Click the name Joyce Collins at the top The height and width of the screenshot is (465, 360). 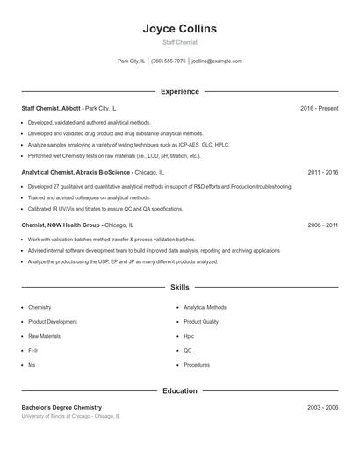179,29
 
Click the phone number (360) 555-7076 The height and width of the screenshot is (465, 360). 168,61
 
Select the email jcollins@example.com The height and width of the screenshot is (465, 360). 216,61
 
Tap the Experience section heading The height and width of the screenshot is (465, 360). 179,91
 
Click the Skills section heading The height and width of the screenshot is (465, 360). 179,287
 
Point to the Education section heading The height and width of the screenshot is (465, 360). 179,390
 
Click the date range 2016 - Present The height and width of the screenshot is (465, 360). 319,108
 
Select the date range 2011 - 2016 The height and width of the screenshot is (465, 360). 322,173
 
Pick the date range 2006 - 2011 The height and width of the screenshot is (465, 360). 322,225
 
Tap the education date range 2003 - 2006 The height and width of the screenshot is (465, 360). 322,408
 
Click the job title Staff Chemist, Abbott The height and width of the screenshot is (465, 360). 51,108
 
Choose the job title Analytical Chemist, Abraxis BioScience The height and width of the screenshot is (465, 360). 76,173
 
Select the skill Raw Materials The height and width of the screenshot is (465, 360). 44,336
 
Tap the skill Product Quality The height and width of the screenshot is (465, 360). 201,322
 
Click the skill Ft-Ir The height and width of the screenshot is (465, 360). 32,350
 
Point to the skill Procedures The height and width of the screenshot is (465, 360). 197,364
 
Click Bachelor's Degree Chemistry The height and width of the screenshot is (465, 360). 61,408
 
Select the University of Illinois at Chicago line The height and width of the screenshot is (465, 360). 70,417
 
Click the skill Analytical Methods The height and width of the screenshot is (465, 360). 205,308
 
